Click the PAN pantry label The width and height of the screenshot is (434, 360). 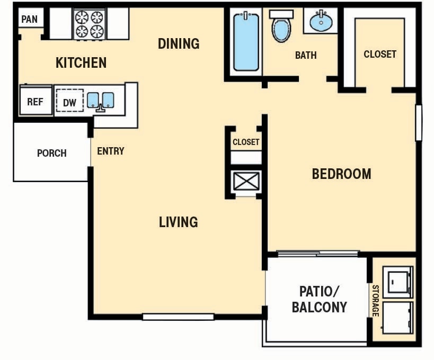pyautogui.click(x=30, y=20)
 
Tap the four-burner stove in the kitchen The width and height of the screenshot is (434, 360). pyautogui.click(x=88, y=24)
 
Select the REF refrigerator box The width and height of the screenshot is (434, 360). pyautogui.click(x=35, y=102)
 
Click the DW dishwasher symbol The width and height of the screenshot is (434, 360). pyautogui.click(x=69, y=103)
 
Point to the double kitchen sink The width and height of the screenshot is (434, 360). pyautogui.click(x=101, y=101)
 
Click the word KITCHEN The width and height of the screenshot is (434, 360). pyautogui.click(x=81, y=63)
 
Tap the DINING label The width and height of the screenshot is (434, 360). pyautogui.click(x=179, y=43)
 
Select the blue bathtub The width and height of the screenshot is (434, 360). pyautogui.click(x=246, y=42)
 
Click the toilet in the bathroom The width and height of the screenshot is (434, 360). pyautogui.click(x=281, y=26)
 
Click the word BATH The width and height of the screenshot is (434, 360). pyautogui.click(x=306, y=55)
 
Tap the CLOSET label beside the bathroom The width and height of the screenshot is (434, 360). pyautogui.click(x=380, y=54)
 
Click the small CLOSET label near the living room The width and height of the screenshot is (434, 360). pyautogui.click(x=246, y=142)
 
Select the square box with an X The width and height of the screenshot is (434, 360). pyautogui.click(x=246, y=181)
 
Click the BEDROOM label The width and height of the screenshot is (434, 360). pyautogui.click(x=341, y=174)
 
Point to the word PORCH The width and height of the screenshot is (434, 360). pyautogui.click(x=52, y=154)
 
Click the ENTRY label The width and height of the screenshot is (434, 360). pyautogui.click(x=111, y=151)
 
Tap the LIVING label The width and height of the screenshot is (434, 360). pyautogui.click(x=179, y=222)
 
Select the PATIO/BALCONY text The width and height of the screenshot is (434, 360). pyautogui.click(x=319, y=299)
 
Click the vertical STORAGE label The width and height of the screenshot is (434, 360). pyautogui.click(x=375, y=301)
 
